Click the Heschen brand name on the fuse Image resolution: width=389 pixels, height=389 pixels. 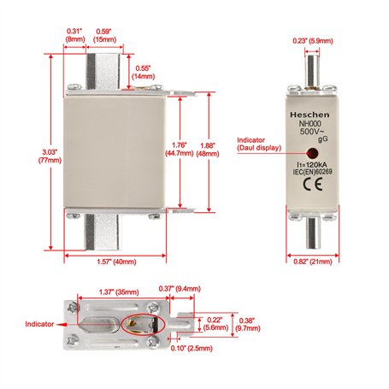pos(309,115)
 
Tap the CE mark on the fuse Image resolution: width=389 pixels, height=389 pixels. pos(313,184)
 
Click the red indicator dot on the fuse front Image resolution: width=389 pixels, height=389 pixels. pos(312,153)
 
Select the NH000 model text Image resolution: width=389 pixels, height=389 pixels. pos(309,124)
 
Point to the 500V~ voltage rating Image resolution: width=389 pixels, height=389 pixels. pos(311,132)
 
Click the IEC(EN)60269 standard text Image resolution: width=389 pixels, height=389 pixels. pos(312,172)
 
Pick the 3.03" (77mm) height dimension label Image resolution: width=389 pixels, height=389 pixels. pos(50,156)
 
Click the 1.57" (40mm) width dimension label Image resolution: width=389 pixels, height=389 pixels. pos(116,262)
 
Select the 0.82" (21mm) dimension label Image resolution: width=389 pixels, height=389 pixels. pos(313,262)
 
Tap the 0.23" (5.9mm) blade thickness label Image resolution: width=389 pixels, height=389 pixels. pos(313,41)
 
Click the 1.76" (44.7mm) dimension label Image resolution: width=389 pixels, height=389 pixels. pos(180,149)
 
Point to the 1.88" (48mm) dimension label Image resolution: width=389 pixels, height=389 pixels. pos(208,150)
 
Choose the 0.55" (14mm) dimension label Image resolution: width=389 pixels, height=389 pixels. pos(143,73)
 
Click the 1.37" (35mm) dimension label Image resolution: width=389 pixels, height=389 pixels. pos(119,292)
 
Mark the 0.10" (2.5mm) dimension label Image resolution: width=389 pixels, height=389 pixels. pos(192,348)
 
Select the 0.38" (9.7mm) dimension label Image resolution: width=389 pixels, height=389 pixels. pos(250,324)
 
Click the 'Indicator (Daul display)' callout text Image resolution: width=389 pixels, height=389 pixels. pos(259,144)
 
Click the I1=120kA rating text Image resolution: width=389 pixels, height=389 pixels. pos(312,165)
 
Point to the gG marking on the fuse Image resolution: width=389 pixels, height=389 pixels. pos(323,139)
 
